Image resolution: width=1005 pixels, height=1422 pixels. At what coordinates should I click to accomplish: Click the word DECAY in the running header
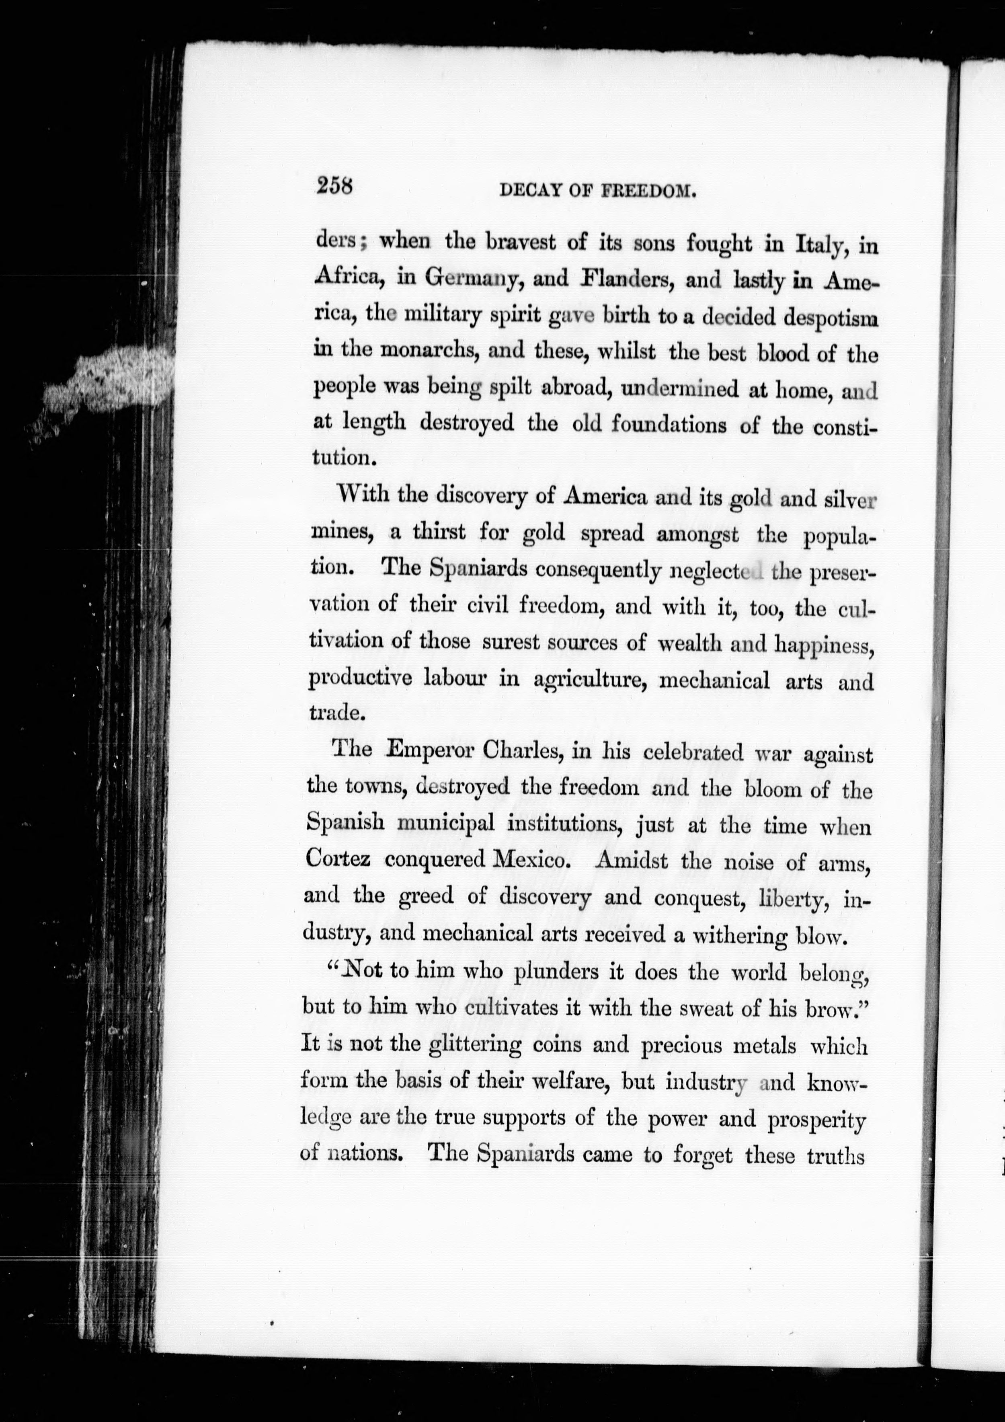point(526,192)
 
